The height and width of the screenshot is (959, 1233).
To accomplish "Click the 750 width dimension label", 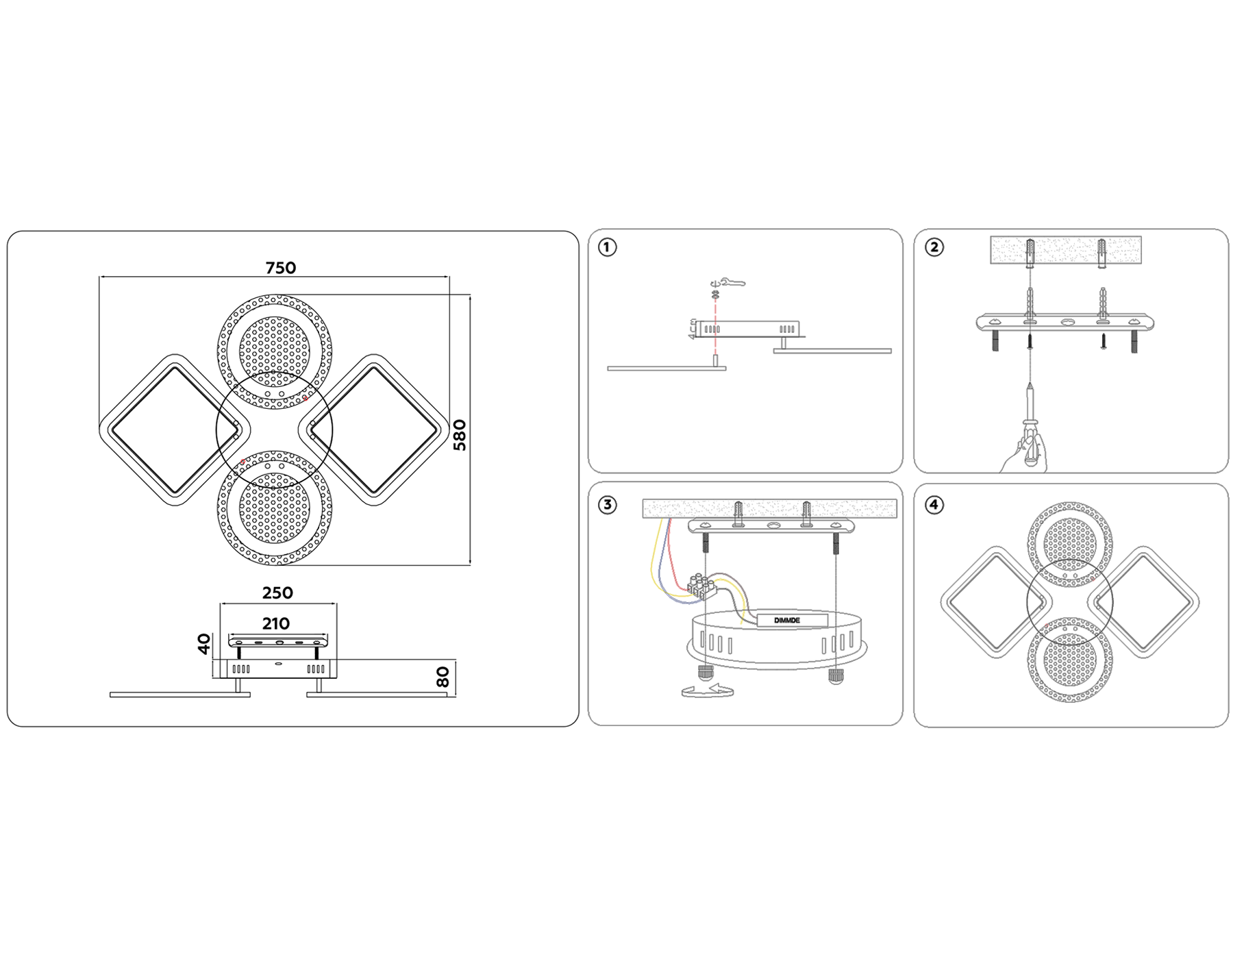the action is (x=281, y=268).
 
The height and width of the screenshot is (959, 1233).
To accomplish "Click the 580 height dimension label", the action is (x=460, y=435).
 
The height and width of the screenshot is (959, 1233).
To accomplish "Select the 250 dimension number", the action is (x=277, y=593).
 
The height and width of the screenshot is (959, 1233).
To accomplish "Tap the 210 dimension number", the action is (x=275, y=623).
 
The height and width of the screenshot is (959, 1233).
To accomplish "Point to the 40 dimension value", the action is (x=204, y=644).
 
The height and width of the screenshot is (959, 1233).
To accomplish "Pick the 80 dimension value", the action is (x=443, y=677).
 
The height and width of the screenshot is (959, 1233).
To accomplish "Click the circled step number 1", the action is (x=608, y=247).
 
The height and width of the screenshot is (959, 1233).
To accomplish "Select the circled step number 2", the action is (x=934, y=247).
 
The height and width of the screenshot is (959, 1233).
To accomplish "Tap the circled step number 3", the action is (x=608, y=505).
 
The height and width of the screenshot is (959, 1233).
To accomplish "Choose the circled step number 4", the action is (x=934, y=505).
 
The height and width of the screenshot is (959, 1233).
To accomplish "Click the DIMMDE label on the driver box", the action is (x=787, y=621).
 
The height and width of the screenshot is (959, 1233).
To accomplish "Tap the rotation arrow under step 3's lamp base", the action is (x=708, y=690).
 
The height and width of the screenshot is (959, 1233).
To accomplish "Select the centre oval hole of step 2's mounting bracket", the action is (x=1066, y=321).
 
